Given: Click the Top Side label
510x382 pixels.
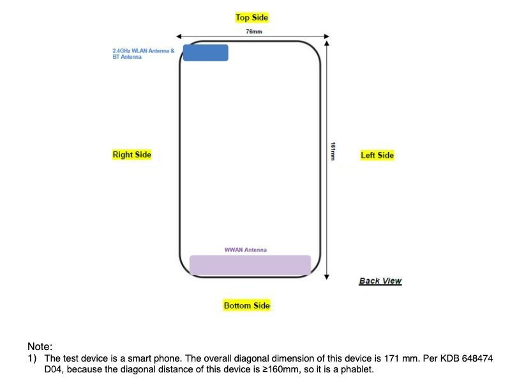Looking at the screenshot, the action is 251,17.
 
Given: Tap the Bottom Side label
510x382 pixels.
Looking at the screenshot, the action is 246,305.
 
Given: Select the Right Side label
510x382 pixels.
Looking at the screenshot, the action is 131,155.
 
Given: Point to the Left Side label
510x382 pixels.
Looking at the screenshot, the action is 377,155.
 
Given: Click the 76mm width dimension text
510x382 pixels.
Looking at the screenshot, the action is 253,31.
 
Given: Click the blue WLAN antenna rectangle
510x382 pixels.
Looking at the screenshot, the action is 206,52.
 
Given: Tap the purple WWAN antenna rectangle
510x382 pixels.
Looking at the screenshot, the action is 250,264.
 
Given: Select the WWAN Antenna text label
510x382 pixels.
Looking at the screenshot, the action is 246,250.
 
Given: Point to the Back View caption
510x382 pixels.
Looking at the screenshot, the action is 380,281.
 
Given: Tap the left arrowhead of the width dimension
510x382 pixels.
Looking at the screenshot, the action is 179,36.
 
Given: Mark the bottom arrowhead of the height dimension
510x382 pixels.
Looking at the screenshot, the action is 326,277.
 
